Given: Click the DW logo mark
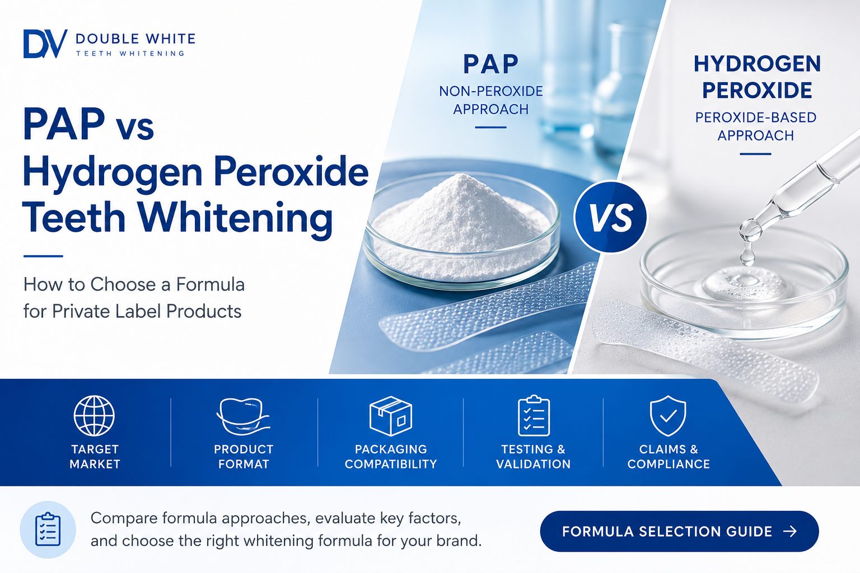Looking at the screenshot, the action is pos(45,44).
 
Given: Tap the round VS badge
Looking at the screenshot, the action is pos(610,217).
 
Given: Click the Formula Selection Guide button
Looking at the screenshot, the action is pos(679,531).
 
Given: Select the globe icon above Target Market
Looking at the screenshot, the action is pos(94,416).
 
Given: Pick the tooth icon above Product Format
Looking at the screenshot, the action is pos(244,416).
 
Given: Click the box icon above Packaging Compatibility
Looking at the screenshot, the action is pos(390,416).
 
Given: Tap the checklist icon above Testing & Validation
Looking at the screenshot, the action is pos(534,416).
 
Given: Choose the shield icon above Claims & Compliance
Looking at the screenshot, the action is pos(668,416).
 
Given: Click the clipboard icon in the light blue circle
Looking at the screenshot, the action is pos(48,529).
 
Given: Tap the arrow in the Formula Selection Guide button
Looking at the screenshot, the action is pos(790,531).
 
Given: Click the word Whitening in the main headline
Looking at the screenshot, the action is pos(235,218).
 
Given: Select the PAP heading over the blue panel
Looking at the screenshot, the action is pos(490,64).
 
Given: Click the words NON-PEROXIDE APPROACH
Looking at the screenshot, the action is pos(490,100).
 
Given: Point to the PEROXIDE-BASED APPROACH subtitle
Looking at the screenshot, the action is pos(755,126).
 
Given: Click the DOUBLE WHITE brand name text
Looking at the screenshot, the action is pos(135,39).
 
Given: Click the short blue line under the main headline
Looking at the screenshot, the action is pos(43,256).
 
